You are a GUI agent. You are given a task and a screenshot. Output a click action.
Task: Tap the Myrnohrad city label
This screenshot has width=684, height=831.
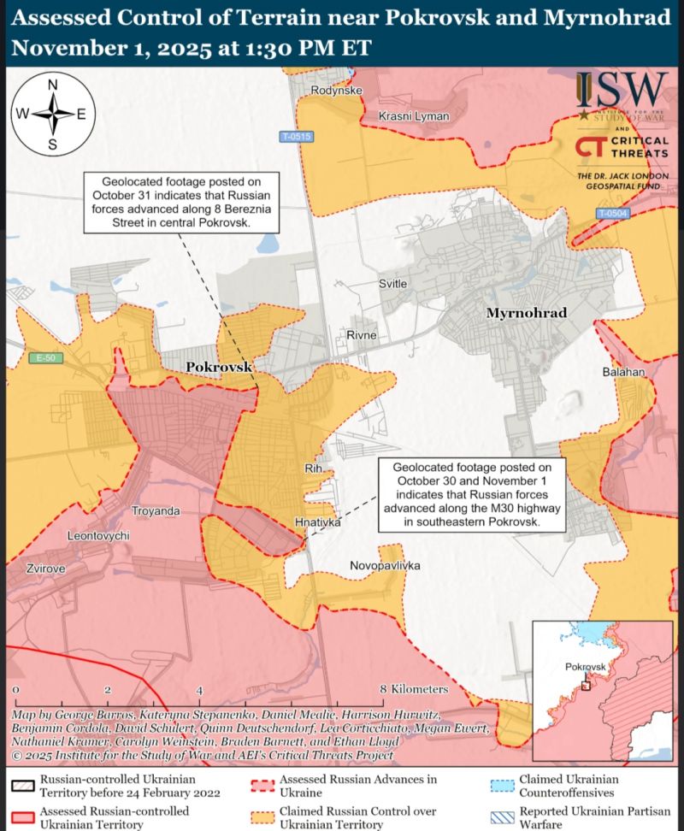point(527,314)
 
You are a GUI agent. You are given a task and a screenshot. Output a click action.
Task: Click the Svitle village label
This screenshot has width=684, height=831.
point(393,284)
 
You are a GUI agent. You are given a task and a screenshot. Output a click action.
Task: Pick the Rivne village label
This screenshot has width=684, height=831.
point(362,335)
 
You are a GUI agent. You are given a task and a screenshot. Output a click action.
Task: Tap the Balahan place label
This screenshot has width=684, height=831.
point(623,373)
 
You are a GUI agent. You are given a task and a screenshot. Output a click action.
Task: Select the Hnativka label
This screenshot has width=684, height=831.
point(317,521)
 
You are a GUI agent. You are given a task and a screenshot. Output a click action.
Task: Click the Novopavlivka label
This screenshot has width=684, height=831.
point(386,566)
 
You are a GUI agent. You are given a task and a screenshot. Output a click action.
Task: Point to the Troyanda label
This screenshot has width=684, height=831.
point(156,511)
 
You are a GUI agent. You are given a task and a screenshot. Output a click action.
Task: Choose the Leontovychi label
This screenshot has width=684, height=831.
point(98,535)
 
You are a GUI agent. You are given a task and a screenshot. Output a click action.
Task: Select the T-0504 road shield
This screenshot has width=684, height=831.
point(612,213)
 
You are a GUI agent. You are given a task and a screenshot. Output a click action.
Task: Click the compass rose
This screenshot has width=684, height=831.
point(52,114)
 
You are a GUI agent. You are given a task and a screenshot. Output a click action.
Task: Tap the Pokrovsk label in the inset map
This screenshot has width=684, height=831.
point(585,667)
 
